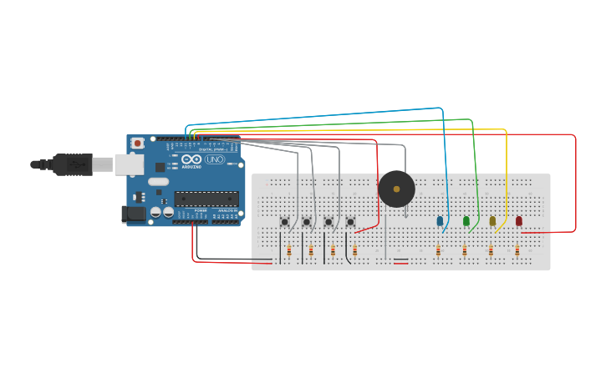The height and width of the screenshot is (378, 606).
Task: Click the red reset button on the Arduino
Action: [x=138, y=144]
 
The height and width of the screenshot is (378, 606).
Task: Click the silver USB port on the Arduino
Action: [x=129, y=164]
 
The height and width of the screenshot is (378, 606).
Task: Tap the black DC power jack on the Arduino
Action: [x=133, y=214]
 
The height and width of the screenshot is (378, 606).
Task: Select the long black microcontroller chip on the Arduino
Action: [x=206, y=199]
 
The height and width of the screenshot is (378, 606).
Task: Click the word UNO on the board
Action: [x=215, y=159]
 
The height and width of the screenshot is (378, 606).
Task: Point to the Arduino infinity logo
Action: [x=191, y=159]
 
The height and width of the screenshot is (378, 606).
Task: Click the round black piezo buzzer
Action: [x=396, y=189]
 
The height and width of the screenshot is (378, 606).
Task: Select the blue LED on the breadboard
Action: [x=440, y=221]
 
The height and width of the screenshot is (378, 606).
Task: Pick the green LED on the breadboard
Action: [x=466, y=221]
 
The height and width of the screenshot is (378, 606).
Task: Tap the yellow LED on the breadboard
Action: [x=492, y=221]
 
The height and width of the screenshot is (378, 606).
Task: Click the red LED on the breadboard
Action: [x=519, y=221]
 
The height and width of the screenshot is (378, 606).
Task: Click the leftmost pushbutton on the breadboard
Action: [x=285, y=222]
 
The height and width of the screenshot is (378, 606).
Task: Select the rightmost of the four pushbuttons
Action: [x=350, y=222]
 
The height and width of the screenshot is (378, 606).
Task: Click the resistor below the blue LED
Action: [x=438, y=250]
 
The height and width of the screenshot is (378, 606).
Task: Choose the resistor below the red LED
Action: [x=517, y=250]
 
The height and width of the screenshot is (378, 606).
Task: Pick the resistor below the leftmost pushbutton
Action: [x=289, y=250]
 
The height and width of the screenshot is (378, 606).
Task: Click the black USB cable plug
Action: [x=73, y=164]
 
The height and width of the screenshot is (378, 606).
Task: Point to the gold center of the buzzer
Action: [x=396, y=189]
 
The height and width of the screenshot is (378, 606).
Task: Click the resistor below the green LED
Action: [x=465, y=250]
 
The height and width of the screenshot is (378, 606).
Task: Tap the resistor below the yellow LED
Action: [x=491, y=250]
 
